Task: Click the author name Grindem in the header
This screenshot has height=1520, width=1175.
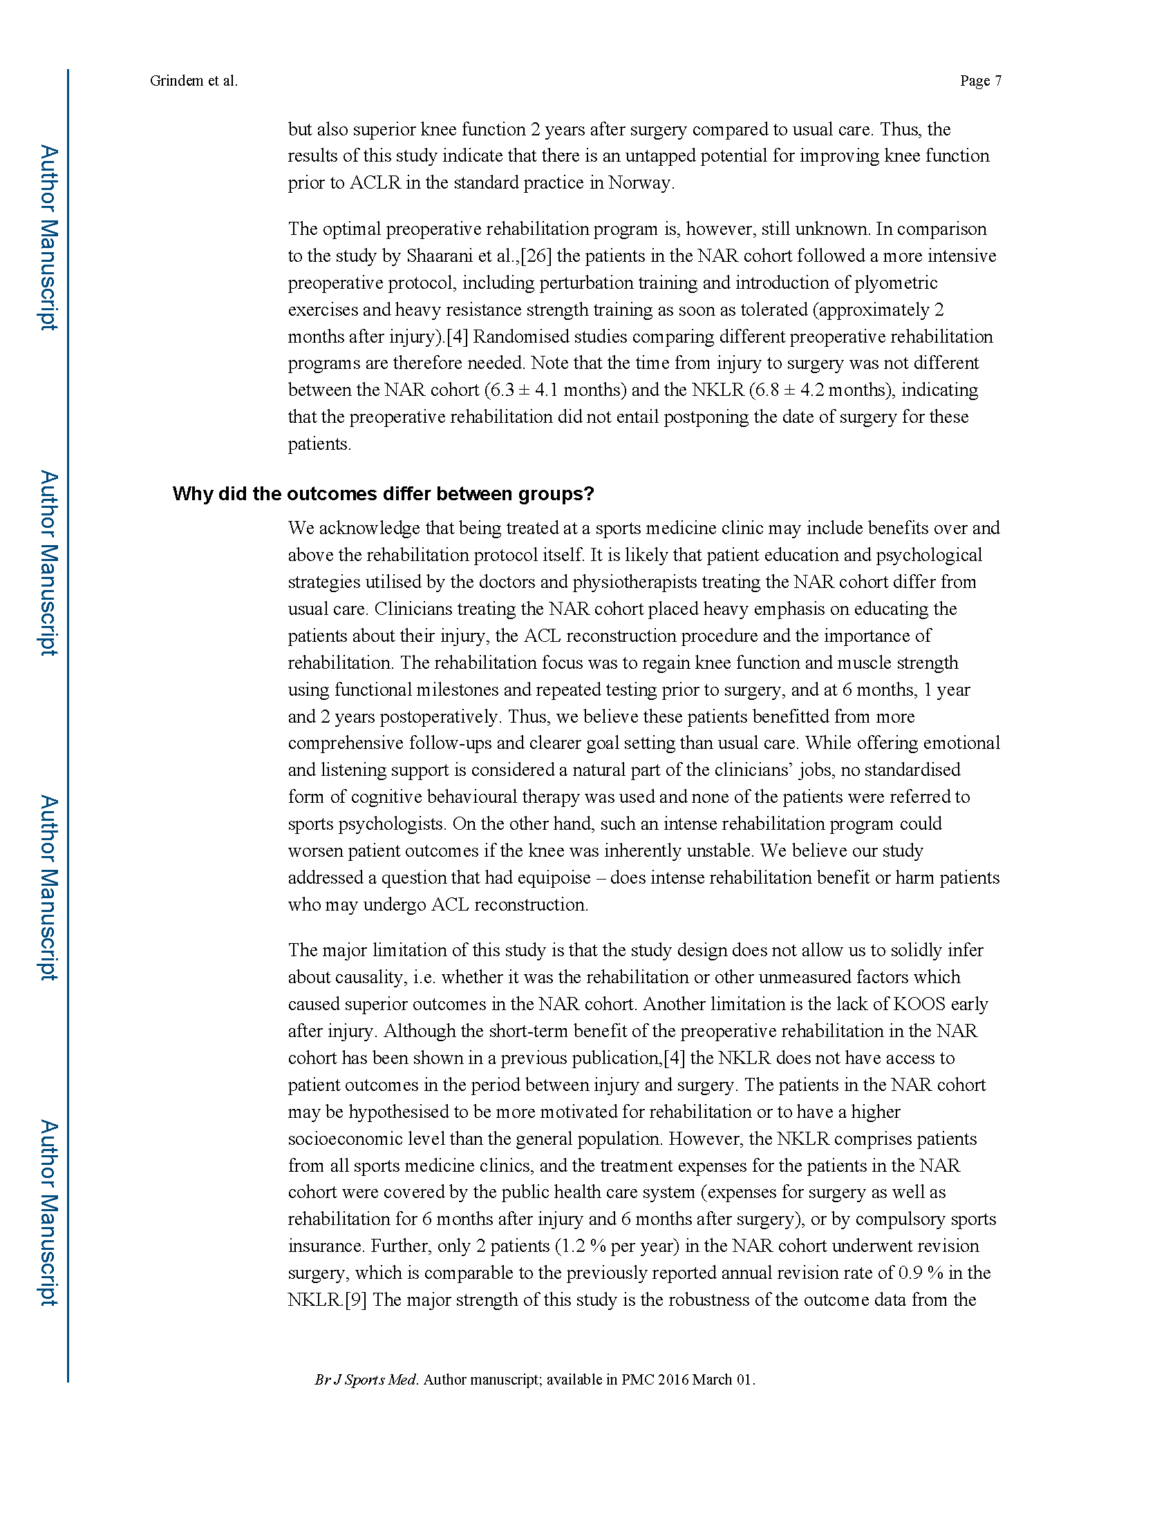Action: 177,81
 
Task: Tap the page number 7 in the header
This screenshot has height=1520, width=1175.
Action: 998,81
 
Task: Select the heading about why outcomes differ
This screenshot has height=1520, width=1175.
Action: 383,494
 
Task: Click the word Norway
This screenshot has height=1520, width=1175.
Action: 640,183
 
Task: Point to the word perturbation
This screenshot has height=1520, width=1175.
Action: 581,283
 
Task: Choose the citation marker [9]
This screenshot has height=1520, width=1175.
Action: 356,1300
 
